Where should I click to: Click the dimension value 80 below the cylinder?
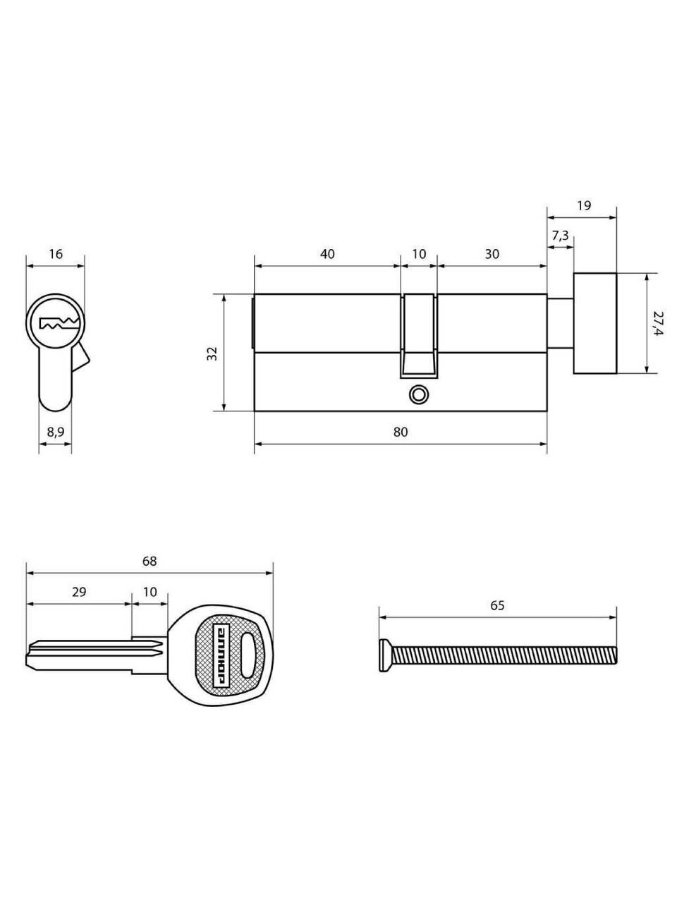click(x=401, y=432)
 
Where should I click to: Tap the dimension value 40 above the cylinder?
click(x=327, y=254)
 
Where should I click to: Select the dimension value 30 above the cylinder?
click(x=492, y=254)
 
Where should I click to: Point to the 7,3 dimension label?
click(x=560, y=236)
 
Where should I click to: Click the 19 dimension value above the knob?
click(x=584, y=205)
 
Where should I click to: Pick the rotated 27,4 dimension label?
click(x=658, y=323)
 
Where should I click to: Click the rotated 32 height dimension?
click(x=212, y=353)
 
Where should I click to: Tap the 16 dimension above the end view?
click(x=56, y=254)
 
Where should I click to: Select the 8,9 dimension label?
click(x=55, y=432)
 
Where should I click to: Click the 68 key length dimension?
click(x=150, y=561)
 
